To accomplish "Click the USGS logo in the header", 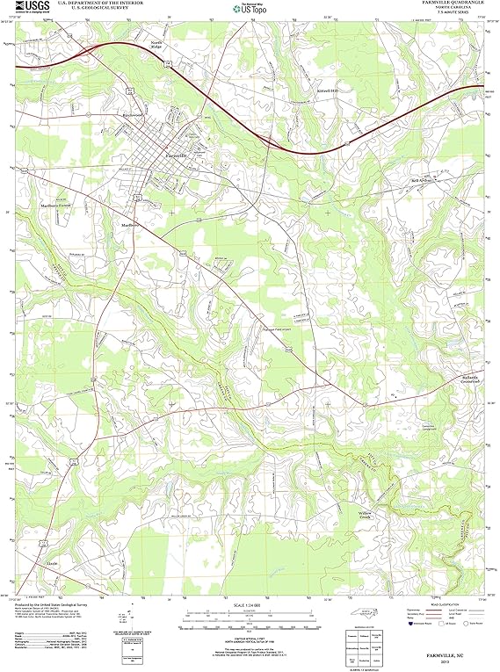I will [x=33, y=6].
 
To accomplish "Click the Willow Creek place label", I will [x=366, y=514].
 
